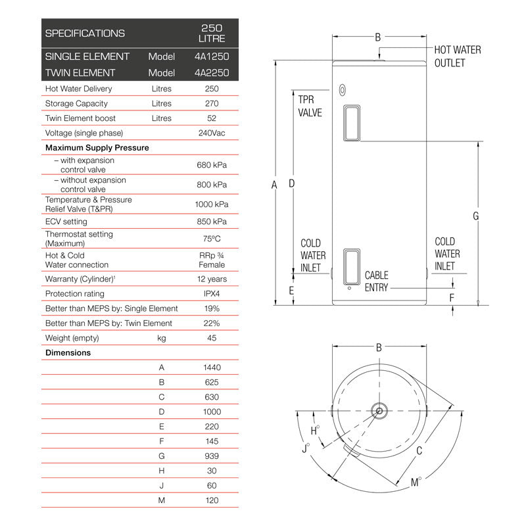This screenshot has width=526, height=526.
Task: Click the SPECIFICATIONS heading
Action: (84, 33)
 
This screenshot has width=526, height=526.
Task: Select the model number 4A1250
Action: (212, 57)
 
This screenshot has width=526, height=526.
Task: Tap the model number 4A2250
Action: (212, 73)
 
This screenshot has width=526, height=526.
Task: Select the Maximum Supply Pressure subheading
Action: (97, 148)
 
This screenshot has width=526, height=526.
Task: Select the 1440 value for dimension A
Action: (212, 368)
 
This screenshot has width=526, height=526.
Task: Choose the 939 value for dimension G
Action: (212, 456)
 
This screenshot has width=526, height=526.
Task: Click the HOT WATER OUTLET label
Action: (457, 57)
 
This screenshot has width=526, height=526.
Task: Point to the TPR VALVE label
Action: (310, 106)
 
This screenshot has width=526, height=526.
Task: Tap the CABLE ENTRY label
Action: (376, 281)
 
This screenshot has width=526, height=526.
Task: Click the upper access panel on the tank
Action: (352, 123)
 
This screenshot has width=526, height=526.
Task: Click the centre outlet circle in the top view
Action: (379, 411)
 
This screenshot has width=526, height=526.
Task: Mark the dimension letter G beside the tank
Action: (475, 216)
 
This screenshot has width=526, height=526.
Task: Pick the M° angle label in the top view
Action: (416, 483)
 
